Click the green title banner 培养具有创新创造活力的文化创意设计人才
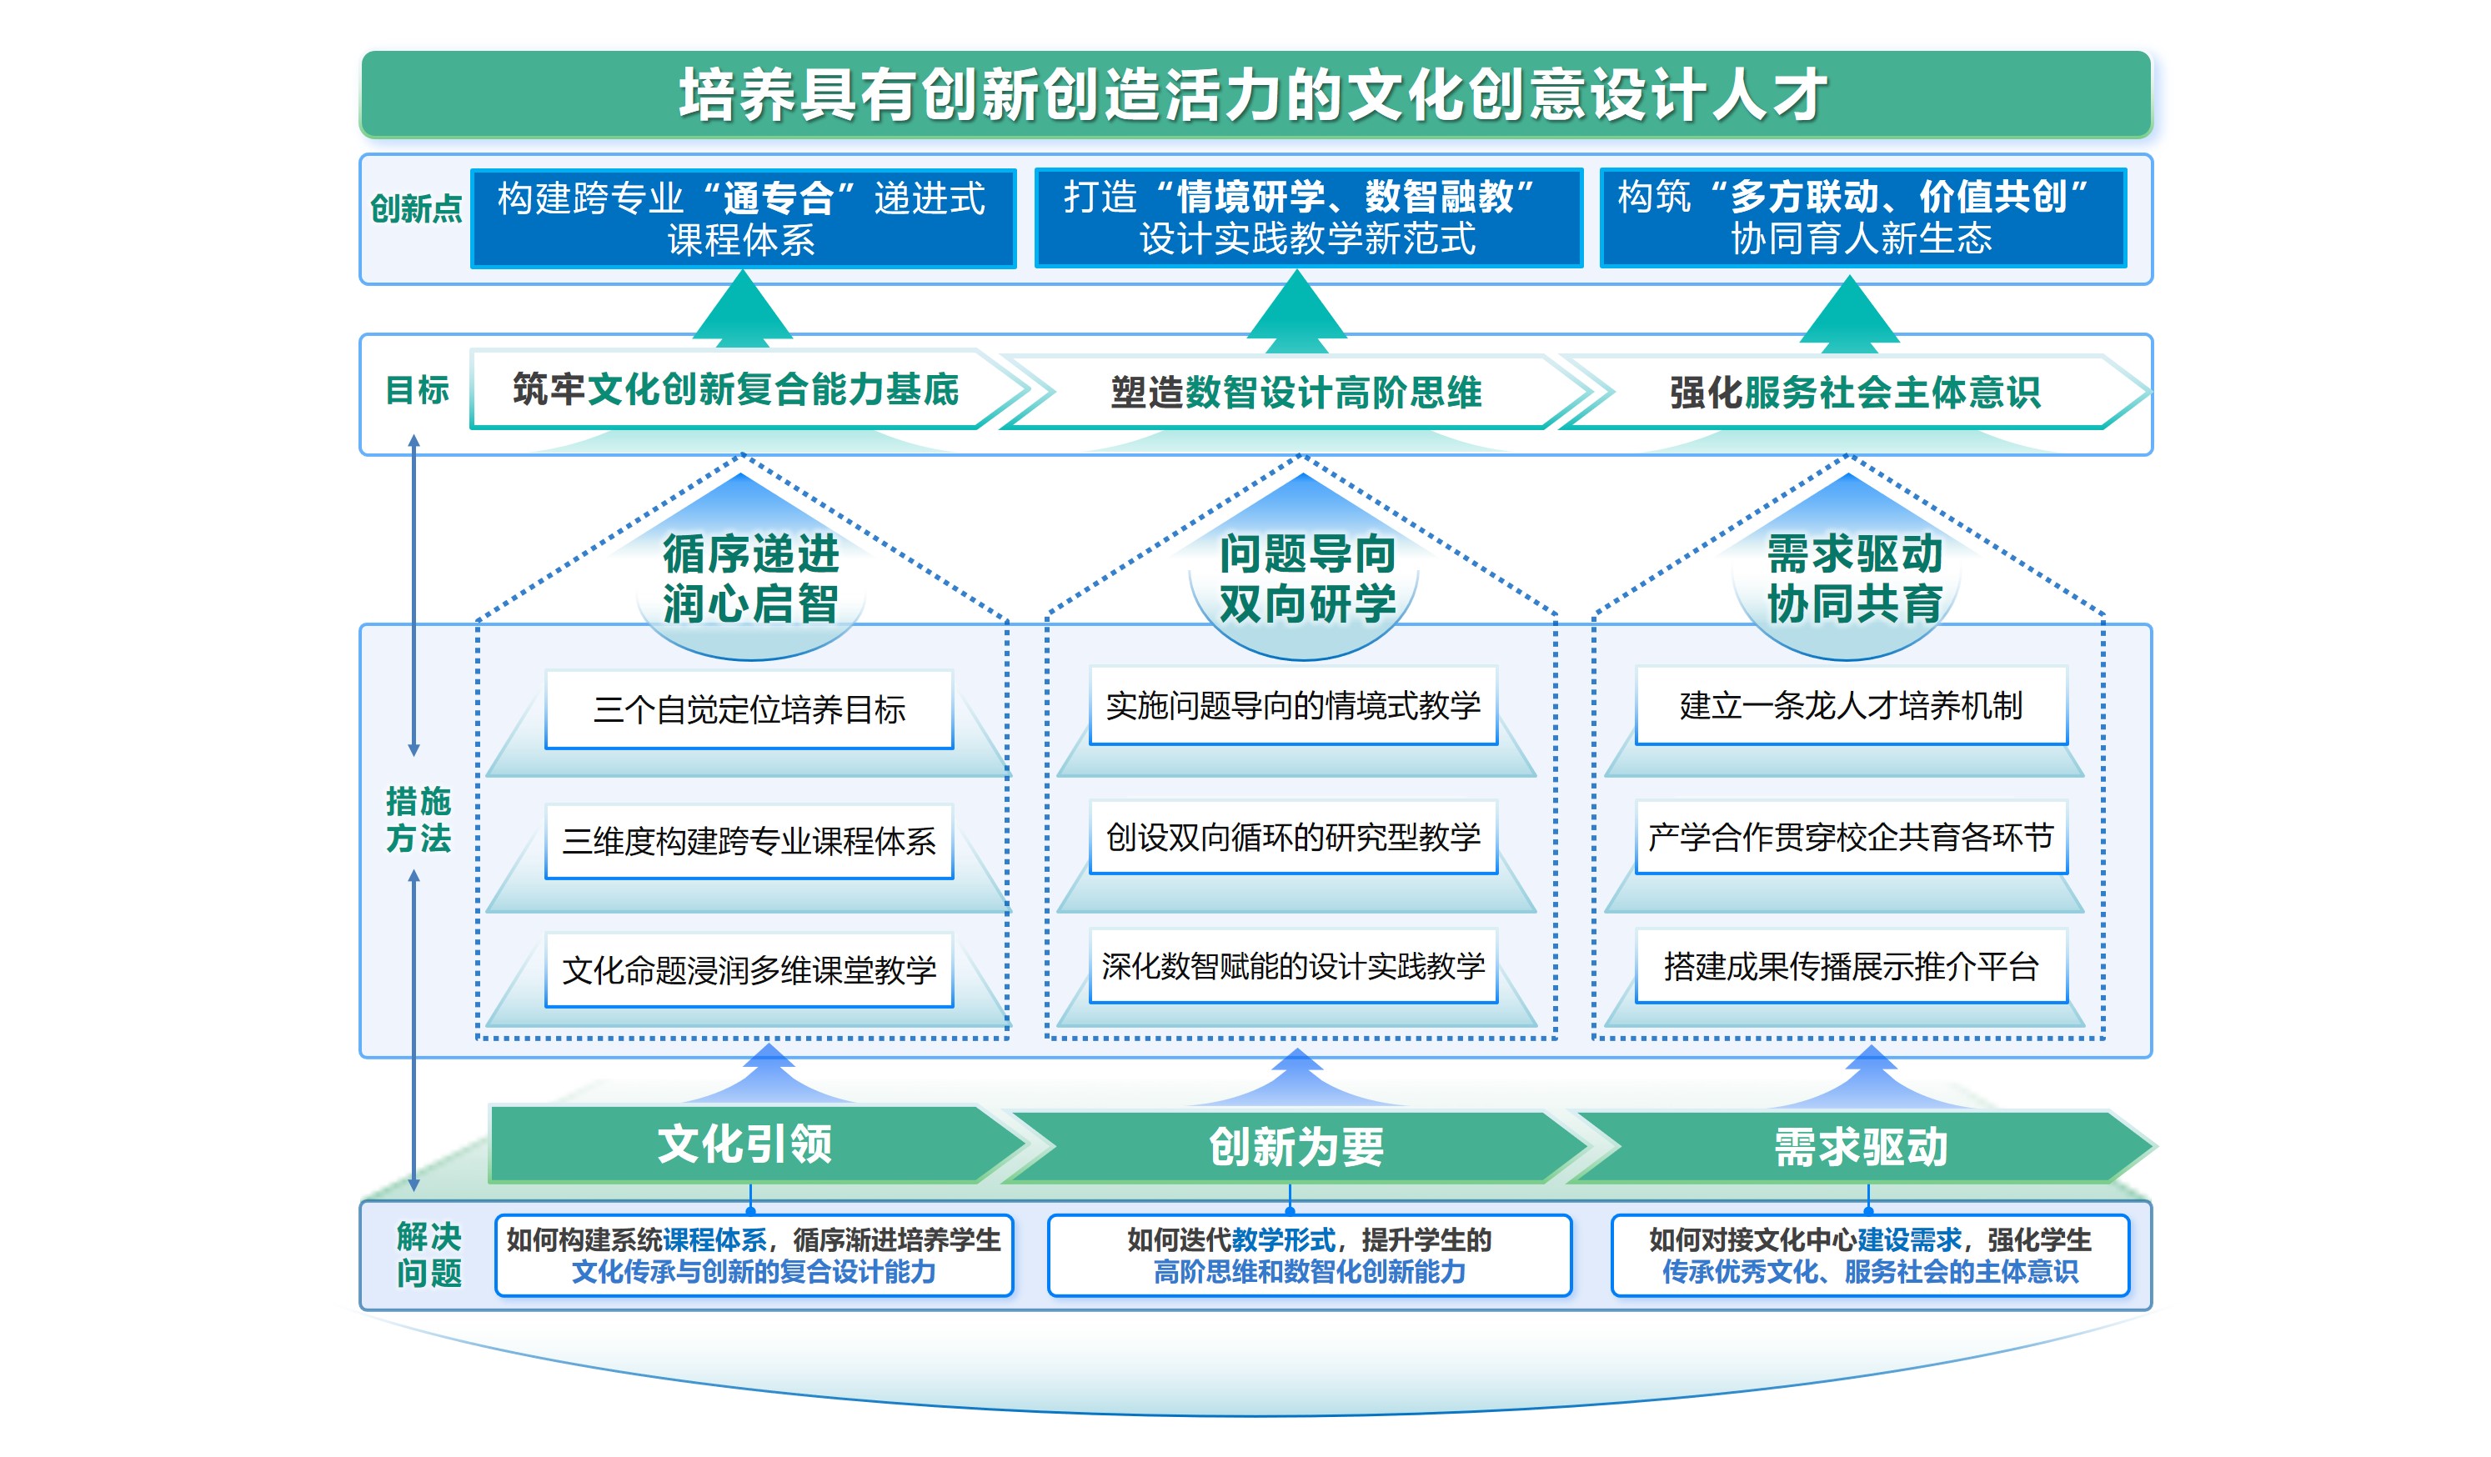point(1253,95)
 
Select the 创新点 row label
point(415,208)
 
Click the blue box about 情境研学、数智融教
point(1307,218)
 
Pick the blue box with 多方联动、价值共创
point(1862,218)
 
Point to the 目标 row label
point(417,389)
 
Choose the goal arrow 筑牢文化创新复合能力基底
point(735,389)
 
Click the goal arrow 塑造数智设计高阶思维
point(1295,393)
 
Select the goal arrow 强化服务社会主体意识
point(1854,393)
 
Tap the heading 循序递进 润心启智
point(750,578)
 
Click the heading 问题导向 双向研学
point(1307,578)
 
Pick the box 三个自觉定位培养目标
point(749,708)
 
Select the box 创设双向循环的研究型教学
point(1293,837)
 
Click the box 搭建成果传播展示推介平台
point(1851,966)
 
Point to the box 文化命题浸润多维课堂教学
point(749,969)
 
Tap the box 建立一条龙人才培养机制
point(1851,706)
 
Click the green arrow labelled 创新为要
point(1295,1147)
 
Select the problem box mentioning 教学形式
point(1309,1254)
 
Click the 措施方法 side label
point(419,819)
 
